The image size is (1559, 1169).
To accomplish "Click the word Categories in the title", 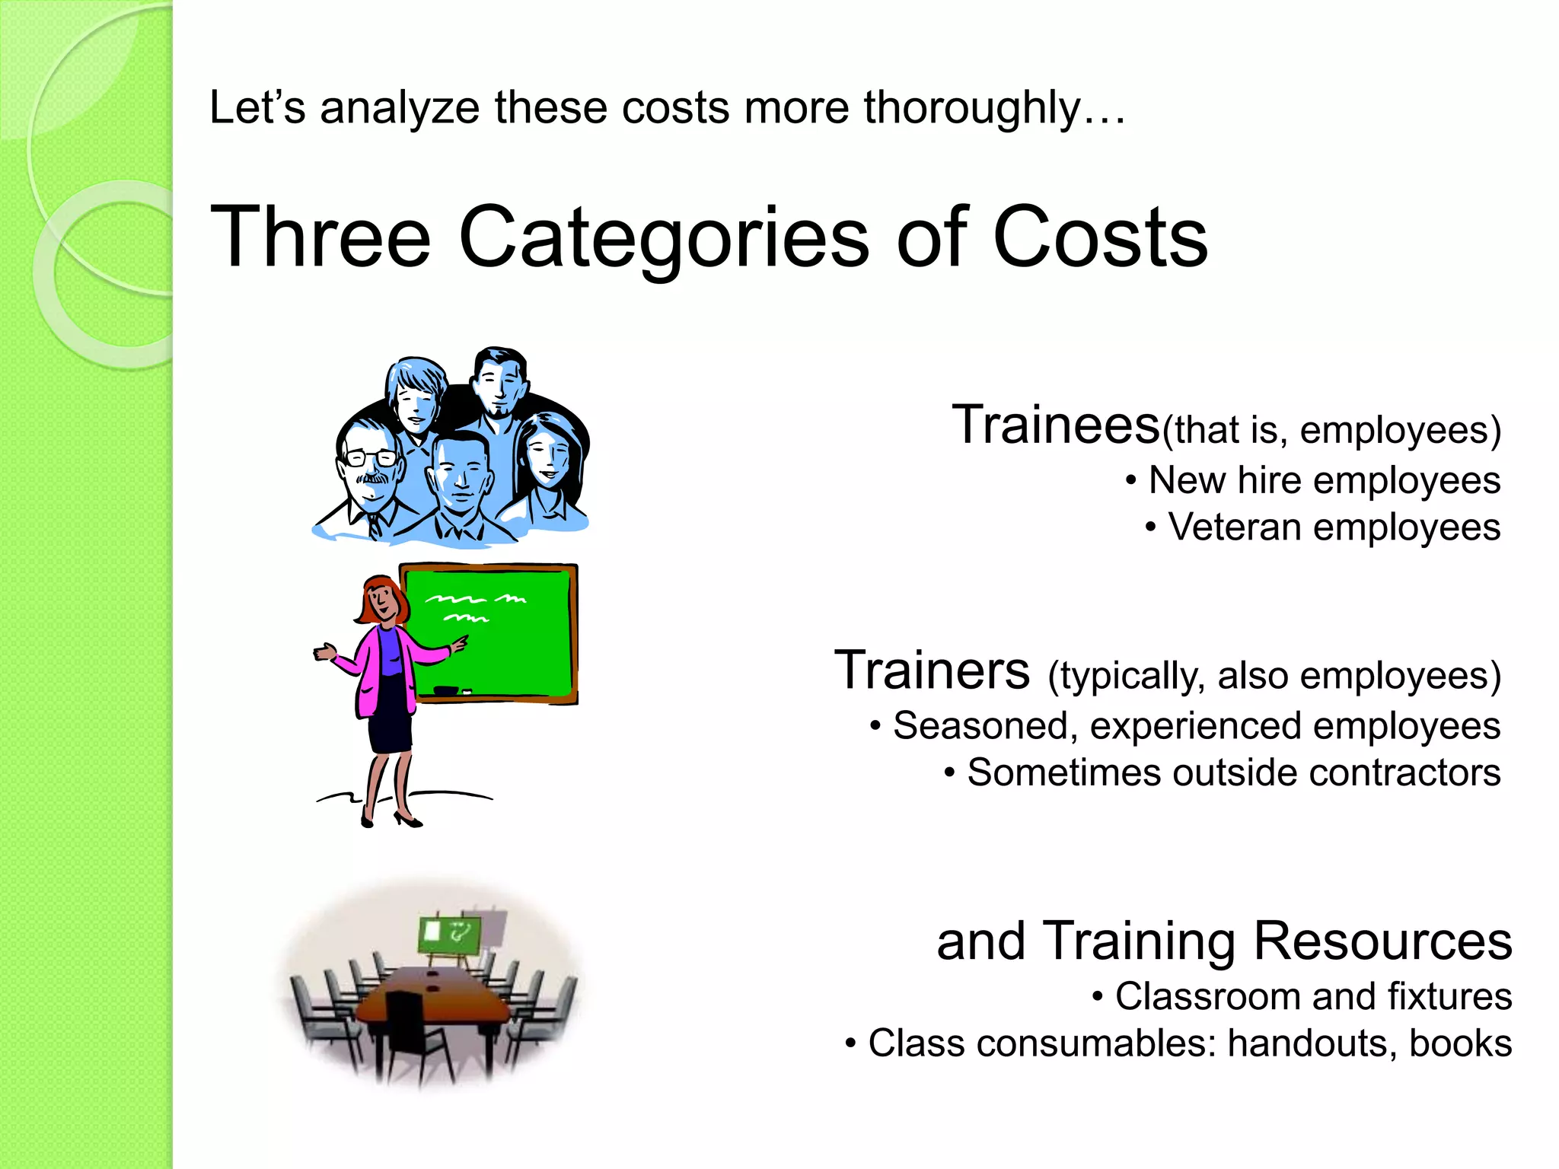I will pyautogui.click(x=664, y=237).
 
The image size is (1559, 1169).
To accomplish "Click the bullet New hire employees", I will pyautogui.click(x=1323, y=481).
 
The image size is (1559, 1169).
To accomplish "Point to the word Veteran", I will pyautogui.click(x=1234, y=527).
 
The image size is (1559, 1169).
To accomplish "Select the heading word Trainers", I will pyautogui.click(x=932, y=671).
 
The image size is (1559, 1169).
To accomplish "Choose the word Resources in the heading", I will pyautogui.click(x=1382, y=942).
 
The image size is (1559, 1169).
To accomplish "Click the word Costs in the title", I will pyautogui.click(x=1100, y=237).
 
